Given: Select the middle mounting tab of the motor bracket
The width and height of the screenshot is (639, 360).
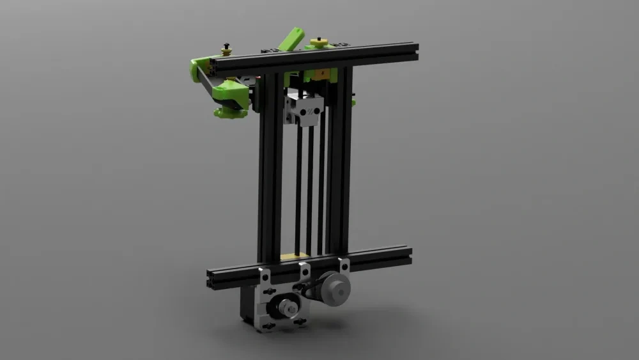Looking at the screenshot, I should [x=304, y=269].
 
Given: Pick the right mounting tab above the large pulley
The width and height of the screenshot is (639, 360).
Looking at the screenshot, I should [x=344, y=264].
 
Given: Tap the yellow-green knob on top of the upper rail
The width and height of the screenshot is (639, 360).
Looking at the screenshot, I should [x=318, y=43].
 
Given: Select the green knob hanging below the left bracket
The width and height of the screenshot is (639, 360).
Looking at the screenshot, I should [x=229, y=112].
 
